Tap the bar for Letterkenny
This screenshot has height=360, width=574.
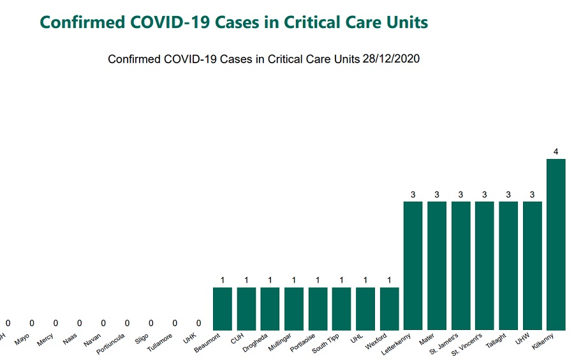click(413, 265)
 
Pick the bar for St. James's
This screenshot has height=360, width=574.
click(461, 265)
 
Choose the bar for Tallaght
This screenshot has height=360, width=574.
click(508, 265)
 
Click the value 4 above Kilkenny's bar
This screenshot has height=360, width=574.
click(556, 152)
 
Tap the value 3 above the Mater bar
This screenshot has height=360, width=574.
click(437, 195)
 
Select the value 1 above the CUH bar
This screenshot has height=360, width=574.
click(246, 280)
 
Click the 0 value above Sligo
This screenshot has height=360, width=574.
click(151, 323)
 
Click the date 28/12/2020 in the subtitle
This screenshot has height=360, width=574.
click(390, 59)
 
